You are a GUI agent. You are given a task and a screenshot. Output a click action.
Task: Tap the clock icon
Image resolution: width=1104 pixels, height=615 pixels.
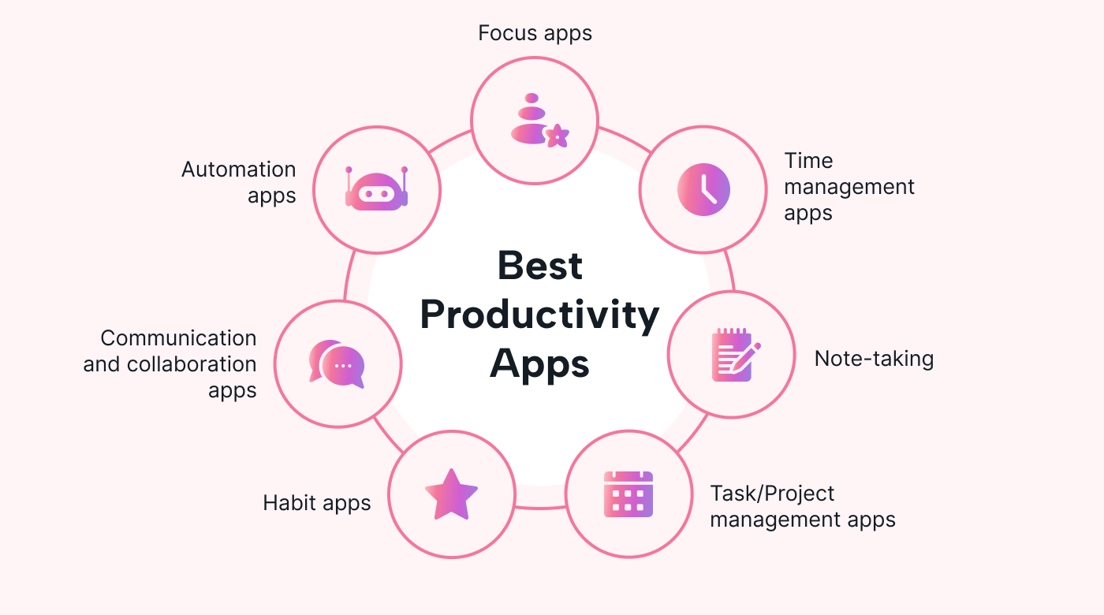703,190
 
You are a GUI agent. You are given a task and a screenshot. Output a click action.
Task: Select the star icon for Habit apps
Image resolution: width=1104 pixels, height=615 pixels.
451,494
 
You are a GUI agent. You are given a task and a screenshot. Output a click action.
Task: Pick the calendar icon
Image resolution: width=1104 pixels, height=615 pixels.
628,494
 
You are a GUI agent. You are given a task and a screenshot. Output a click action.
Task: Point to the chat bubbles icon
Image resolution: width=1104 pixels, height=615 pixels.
338,364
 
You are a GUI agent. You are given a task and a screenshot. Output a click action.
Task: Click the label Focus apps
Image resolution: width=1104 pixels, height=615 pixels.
535,33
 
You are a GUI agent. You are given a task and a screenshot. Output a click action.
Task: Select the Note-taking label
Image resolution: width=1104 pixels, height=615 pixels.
874,359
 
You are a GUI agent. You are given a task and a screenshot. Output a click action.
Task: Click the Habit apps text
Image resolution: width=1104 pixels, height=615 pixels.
316,504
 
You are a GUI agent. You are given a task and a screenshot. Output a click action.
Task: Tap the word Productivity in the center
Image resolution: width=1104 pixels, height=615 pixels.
539,315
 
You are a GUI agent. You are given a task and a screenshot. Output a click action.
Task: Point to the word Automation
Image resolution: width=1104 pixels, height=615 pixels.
238,170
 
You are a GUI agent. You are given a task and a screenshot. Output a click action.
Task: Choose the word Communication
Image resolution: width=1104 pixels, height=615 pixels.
178,338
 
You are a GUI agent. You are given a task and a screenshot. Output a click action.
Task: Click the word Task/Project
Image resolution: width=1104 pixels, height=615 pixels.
772,494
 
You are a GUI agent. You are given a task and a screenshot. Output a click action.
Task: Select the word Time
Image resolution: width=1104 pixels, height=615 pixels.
808,161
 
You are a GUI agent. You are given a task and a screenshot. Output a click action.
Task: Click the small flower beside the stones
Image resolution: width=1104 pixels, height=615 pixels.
558,136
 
